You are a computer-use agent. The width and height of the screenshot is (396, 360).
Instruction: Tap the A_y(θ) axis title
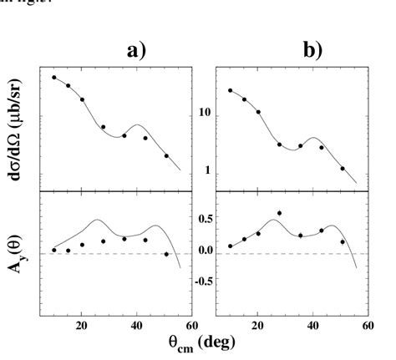[x=18, y=251]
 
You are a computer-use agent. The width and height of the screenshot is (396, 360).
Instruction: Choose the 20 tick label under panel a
[x=82, y=327]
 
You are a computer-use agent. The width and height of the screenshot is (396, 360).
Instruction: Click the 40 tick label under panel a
[x=137, y=327]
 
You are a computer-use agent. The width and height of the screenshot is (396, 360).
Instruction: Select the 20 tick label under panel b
[x=258, y=327]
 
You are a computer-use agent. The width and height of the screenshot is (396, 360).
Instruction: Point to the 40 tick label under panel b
[x=313, y=327]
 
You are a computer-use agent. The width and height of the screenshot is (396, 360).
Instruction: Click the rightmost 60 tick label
[x=368, y=327]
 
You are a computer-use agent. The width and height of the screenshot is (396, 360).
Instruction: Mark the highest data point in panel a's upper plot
[x=54, y=78]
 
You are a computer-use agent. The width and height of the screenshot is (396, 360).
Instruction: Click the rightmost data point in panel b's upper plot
[x=343, y=168]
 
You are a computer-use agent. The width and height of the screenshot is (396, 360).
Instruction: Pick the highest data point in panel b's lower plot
[x=279, y=213]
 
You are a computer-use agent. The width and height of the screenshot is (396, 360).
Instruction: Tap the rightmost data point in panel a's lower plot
[x=166, y=254]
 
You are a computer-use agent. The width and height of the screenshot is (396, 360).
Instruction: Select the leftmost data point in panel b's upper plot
[x=231, y=90]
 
